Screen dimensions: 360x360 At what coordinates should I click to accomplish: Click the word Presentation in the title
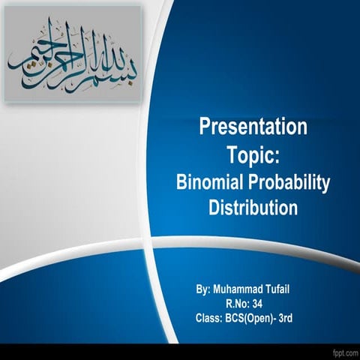(x=253, y=127)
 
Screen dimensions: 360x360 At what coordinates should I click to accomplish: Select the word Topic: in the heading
(x=253, y=154)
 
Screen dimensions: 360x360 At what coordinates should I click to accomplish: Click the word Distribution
(x=253, y=207)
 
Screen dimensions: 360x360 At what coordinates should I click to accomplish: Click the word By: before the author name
(x=202, y=289)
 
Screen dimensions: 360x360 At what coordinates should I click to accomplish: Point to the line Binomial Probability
(x=253, y=182)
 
